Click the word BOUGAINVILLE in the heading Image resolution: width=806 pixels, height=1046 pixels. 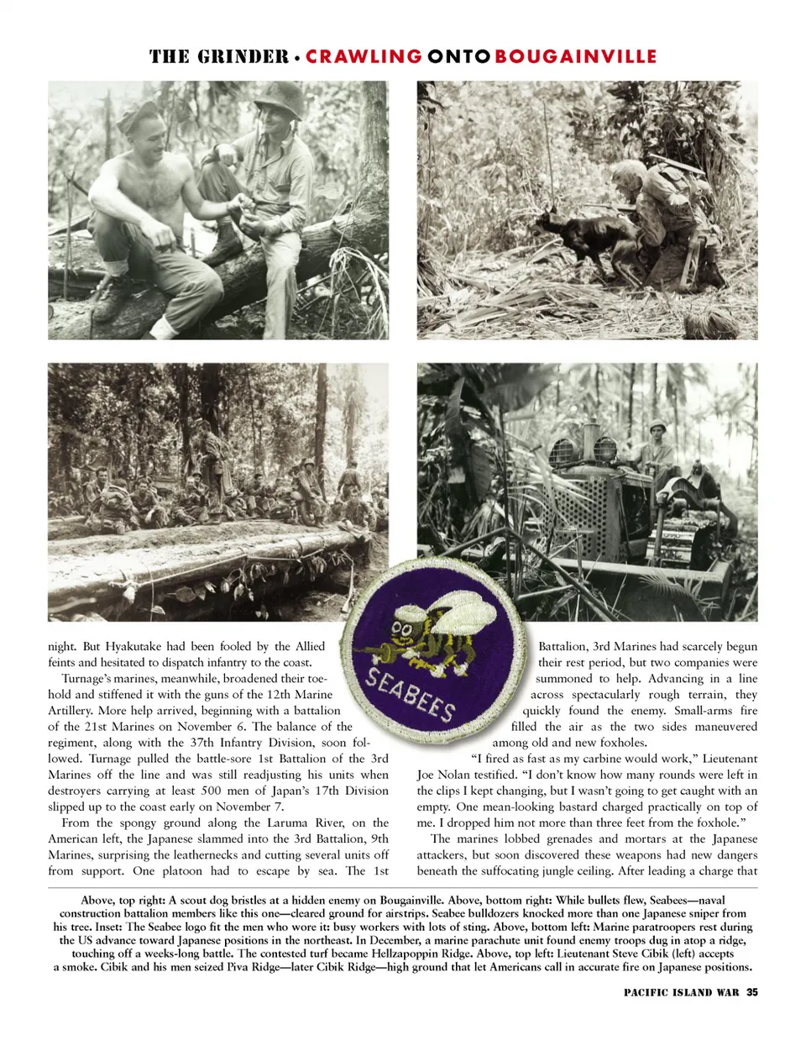point(575,56)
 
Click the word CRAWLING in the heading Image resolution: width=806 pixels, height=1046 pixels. point(364,56)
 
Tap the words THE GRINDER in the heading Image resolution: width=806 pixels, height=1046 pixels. point(218,56)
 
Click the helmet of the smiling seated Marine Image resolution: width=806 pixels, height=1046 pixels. point(280,98)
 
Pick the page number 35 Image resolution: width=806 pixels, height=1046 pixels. point(751,992)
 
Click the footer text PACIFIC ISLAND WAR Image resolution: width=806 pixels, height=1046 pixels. point(681,992)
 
